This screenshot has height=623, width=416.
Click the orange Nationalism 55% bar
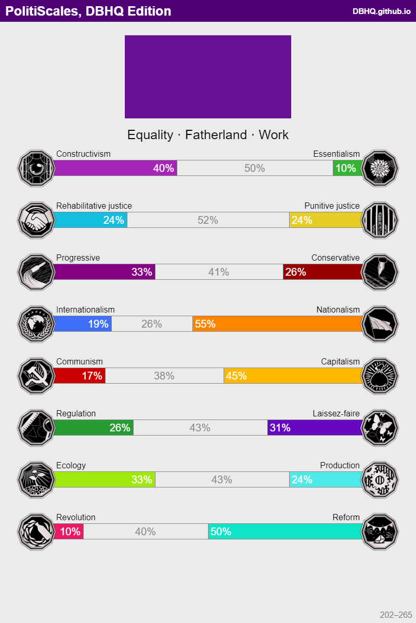[x=277, y=324]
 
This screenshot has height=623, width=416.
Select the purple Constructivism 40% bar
[x=115, y=168]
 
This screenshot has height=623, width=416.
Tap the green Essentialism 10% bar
[x=347, y=168]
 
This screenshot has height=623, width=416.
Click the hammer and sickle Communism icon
[x=36, y=375]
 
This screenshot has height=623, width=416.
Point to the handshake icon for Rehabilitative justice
[x=36, y=220]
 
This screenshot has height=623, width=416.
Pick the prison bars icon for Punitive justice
[x=380, y=220]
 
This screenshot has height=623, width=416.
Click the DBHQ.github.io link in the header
[x=381, y=11]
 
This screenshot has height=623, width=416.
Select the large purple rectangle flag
[x=208, y=77]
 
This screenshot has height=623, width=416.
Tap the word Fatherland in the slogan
[x=216, y=135]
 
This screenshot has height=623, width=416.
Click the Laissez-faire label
[x=336, y=413]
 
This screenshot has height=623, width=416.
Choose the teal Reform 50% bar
[x=285, y=532]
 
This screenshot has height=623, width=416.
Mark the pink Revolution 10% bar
[x=69, y=532]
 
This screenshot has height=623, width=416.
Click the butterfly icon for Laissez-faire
[x=380, y=427]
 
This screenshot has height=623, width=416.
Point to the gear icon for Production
[x=380, y=479]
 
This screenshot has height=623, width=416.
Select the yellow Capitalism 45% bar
[x=293, y=376]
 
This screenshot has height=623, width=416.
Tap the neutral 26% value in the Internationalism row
[x=151, y=324]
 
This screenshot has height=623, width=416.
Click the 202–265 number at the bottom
[x=396, y=615]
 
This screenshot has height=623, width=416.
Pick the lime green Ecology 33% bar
[x=105, y=480]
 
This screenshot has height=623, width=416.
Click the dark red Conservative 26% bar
[x=322, y=272]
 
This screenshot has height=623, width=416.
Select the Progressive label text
[x=78, y=258]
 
